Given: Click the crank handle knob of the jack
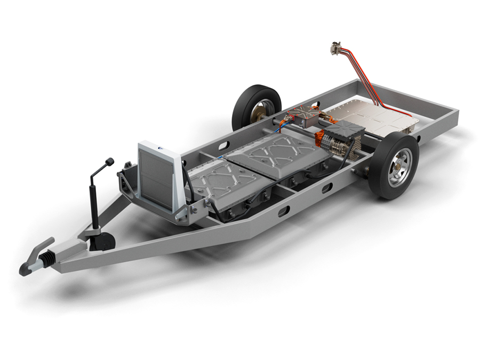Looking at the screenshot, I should [x=110, y=161].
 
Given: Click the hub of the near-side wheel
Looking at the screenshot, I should [x=399, y=166].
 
